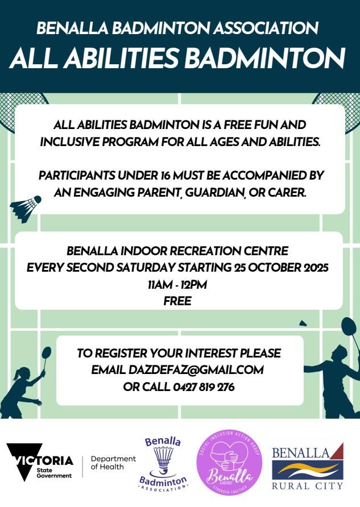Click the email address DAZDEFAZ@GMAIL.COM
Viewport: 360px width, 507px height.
(x=196, y=370)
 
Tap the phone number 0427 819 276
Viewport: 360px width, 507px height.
(x=204, y=387)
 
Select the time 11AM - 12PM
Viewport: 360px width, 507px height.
(x=177, y=285)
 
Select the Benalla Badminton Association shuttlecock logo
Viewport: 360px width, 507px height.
(x=163, y=464)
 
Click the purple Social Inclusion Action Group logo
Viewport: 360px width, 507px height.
(x=229, y=463)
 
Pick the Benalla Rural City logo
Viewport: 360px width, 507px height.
(x=307, y=466)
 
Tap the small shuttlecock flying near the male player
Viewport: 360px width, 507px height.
(x=303, y=323)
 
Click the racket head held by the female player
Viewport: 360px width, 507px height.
(x=47, y=353)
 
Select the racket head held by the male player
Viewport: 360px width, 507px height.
(x=349, y=327)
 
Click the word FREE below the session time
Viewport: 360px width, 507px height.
(x=177, y=301)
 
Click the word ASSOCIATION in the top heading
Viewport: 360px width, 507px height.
(x=266, y=28)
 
